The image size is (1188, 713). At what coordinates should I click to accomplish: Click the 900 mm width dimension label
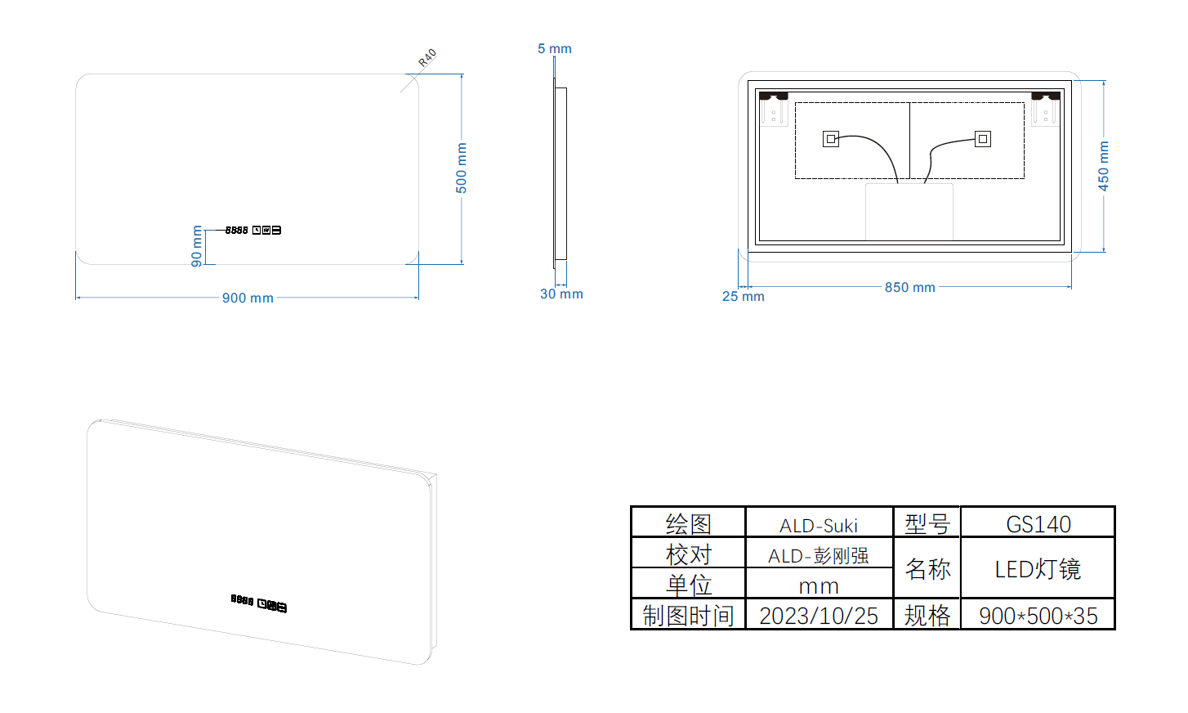pyautogui.click(x=248, y=298)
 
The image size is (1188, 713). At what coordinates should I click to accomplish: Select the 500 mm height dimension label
pyautogui.click(x=462, y=168)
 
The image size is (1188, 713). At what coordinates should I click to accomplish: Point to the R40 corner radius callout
pyautogui.click(x=427, y=57)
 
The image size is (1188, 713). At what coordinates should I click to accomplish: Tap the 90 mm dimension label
pyautogui.click(x=197, y=246)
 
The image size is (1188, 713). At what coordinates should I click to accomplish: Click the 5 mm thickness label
pyautogui.click(x=554, y=49)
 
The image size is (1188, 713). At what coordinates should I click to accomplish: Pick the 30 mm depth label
pyautogui.click(x=561, y=294)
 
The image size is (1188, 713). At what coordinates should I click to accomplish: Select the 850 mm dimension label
pyautogui.click(x=909, y=287)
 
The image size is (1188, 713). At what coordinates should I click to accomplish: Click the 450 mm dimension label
pyautogui.click(x=1103, y=166)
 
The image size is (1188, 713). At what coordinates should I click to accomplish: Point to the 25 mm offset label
pyautogui.click(x=743, y=296)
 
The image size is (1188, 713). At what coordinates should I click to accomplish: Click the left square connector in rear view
pyautogui.click(x=831, y=139)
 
